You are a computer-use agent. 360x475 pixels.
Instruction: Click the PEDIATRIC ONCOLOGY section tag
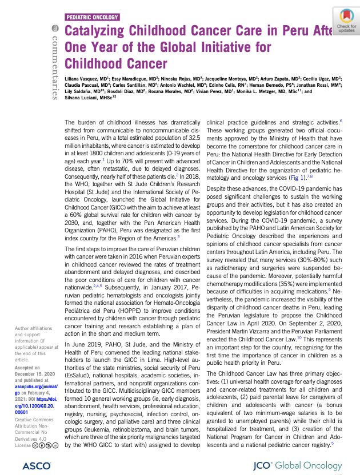[x=93, y=18]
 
